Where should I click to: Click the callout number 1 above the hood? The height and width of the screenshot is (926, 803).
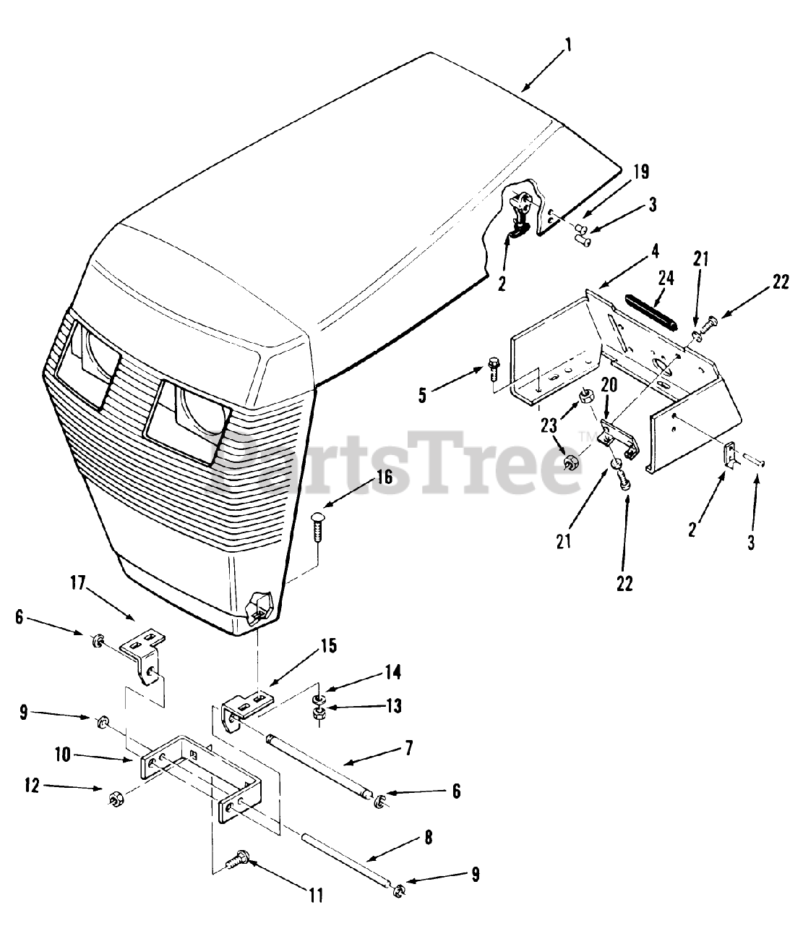(568, 46)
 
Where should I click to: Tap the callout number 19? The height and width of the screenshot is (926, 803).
(641, 172)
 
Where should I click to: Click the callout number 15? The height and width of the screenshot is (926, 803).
(328, 646)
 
